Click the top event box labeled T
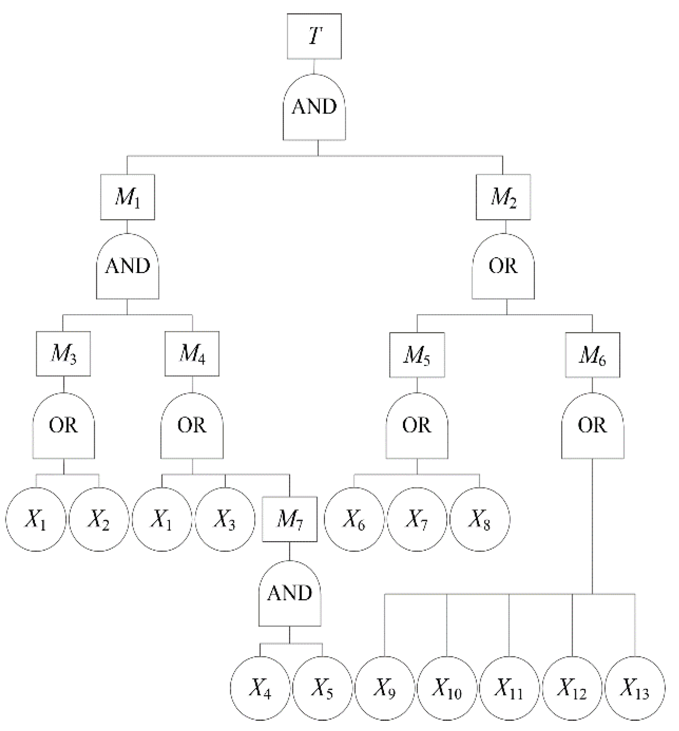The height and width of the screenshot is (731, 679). click(x=314, y=36)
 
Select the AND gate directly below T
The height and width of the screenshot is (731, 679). click(x=314, y=107)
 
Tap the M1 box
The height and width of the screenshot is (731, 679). click(x=127, y=197)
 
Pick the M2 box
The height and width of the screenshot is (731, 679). click(x=503, y=197)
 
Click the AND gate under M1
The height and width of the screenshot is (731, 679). click(x=127, y=267)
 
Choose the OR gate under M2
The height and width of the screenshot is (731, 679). click(x=503, y=267)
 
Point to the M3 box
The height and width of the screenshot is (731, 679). click(x=63, y=354)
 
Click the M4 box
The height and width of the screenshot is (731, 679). click(x=192, y=354)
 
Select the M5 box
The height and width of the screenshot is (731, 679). click(x=417, y=355)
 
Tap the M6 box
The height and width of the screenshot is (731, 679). click(x=592, y=355)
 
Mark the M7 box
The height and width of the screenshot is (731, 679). click(x=289, y=519)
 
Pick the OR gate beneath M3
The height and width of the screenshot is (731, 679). click(x=63, y=426)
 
